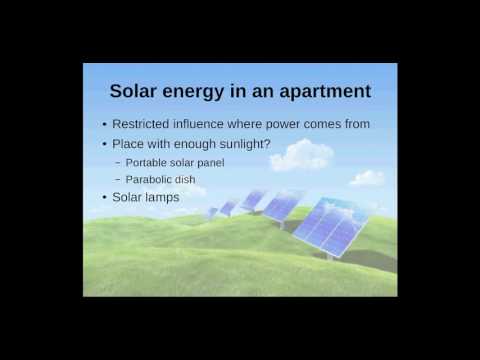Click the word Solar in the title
[x=137, y=91]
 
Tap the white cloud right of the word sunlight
[x=302, y=155]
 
